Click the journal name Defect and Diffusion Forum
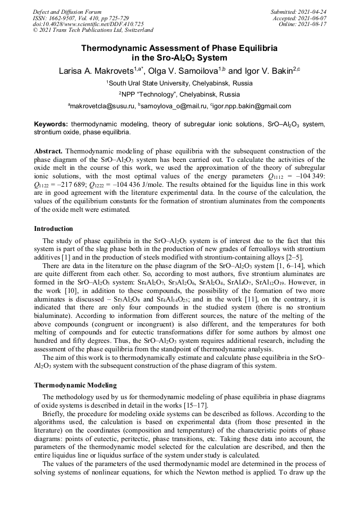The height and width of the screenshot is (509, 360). pos(67,12)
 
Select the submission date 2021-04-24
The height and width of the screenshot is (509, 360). pos(314,12)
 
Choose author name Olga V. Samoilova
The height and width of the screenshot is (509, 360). pos(179,71)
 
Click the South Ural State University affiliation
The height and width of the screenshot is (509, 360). pos(181,83)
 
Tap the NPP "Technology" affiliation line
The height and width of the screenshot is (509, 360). pos(181,94)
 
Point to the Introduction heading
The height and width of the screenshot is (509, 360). pos(54,229)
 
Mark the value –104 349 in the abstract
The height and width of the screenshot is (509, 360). pos(312,176)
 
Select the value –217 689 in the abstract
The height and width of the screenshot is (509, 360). pos(72,185)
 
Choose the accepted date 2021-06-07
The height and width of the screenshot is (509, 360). pos(314,18)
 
